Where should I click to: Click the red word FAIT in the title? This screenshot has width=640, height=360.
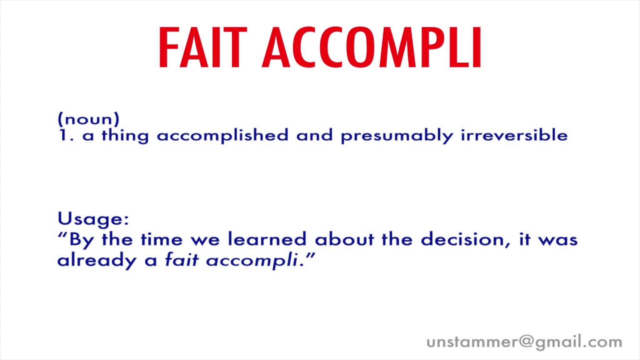coord(202,48)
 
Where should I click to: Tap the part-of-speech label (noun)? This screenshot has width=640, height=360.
coord(88,119)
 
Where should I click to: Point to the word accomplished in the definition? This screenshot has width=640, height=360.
coord(222,135)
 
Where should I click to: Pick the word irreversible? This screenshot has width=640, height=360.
coord(514,135)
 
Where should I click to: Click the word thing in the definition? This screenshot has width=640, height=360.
coord(125,136)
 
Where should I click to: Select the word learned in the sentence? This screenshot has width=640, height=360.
coord(267,239)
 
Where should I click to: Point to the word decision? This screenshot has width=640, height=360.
coord(461,239)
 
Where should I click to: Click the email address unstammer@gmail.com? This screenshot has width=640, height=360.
coord(524,342)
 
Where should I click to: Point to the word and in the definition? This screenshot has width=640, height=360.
coord(314,135)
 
